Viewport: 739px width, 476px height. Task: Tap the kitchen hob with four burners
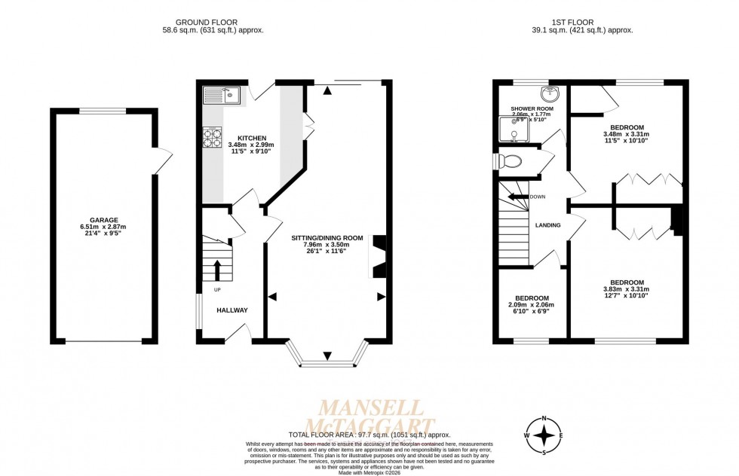point(211,137)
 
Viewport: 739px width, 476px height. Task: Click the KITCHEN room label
point(252,139)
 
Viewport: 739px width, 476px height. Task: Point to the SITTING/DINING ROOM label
point(327,238)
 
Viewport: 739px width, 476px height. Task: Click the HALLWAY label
point(232,310)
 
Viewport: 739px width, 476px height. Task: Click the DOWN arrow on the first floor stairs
point(520,197)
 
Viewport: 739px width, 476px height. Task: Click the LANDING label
point(547,225)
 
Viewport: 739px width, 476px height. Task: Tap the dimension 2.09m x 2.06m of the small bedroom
point(532,305)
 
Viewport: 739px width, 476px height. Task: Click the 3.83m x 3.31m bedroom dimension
point(626,289)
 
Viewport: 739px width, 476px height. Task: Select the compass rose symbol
point(543,436)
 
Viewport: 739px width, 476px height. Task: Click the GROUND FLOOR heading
point(213,22)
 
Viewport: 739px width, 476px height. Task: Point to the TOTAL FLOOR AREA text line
point(369,435)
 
